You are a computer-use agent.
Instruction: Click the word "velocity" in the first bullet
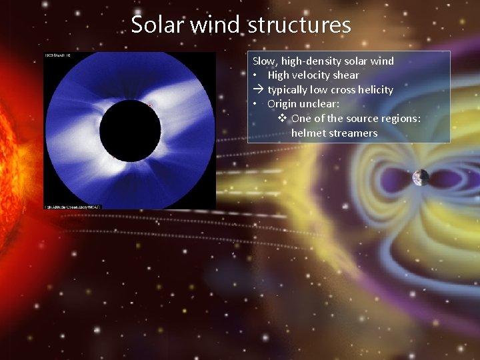tap(315, 75)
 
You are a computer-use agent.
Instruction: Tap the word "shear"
tap(347, 75)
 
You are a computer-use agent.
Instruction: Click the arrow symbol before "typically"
tap(258, 89)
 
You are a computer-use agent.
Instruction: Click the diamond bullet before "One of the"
tap(282, 118)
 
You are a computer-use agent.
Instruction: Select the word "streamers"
tap(353, 133)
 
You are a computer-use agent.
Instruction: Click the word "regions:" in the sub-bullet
tap(399, 118)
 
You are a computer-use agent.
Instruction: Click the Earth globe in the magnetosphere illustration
tap(421, 177)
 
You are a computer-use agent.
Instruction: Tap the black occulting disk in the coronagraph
tap(130, 129)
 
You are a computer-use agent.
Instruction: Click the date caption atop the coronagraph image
tap(57, 55)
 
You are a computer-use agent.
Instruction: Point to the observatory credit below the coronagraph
tap(73, 207)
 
